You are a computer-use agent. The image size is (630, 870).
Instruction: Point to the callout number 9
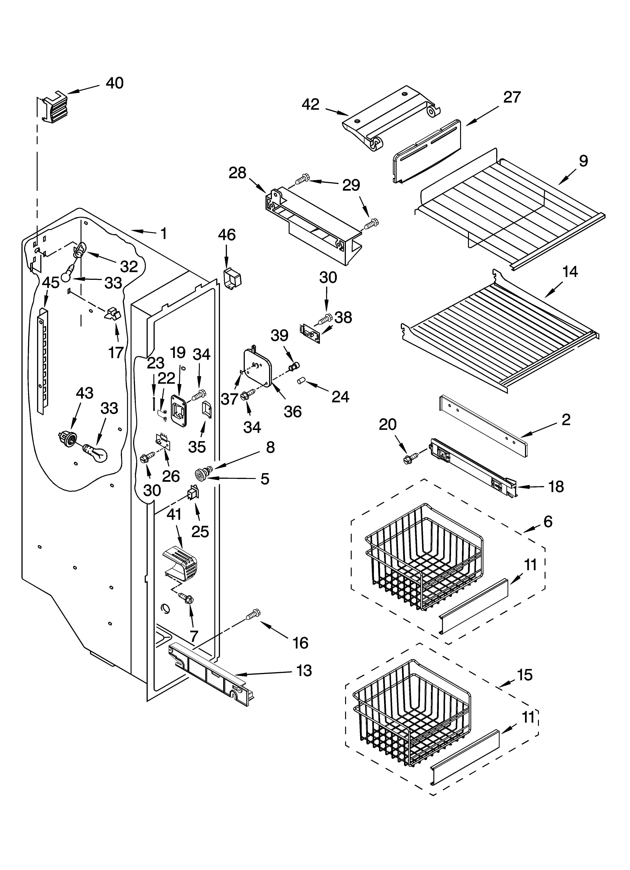(583, 161)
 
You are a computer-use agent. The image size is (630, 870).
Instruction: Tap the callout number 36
(292, 412)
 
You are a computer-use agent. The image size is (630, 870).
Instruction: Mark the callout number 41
(174, 514)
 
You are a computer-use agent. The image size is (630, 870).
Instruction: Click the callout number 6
(548, 522)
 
